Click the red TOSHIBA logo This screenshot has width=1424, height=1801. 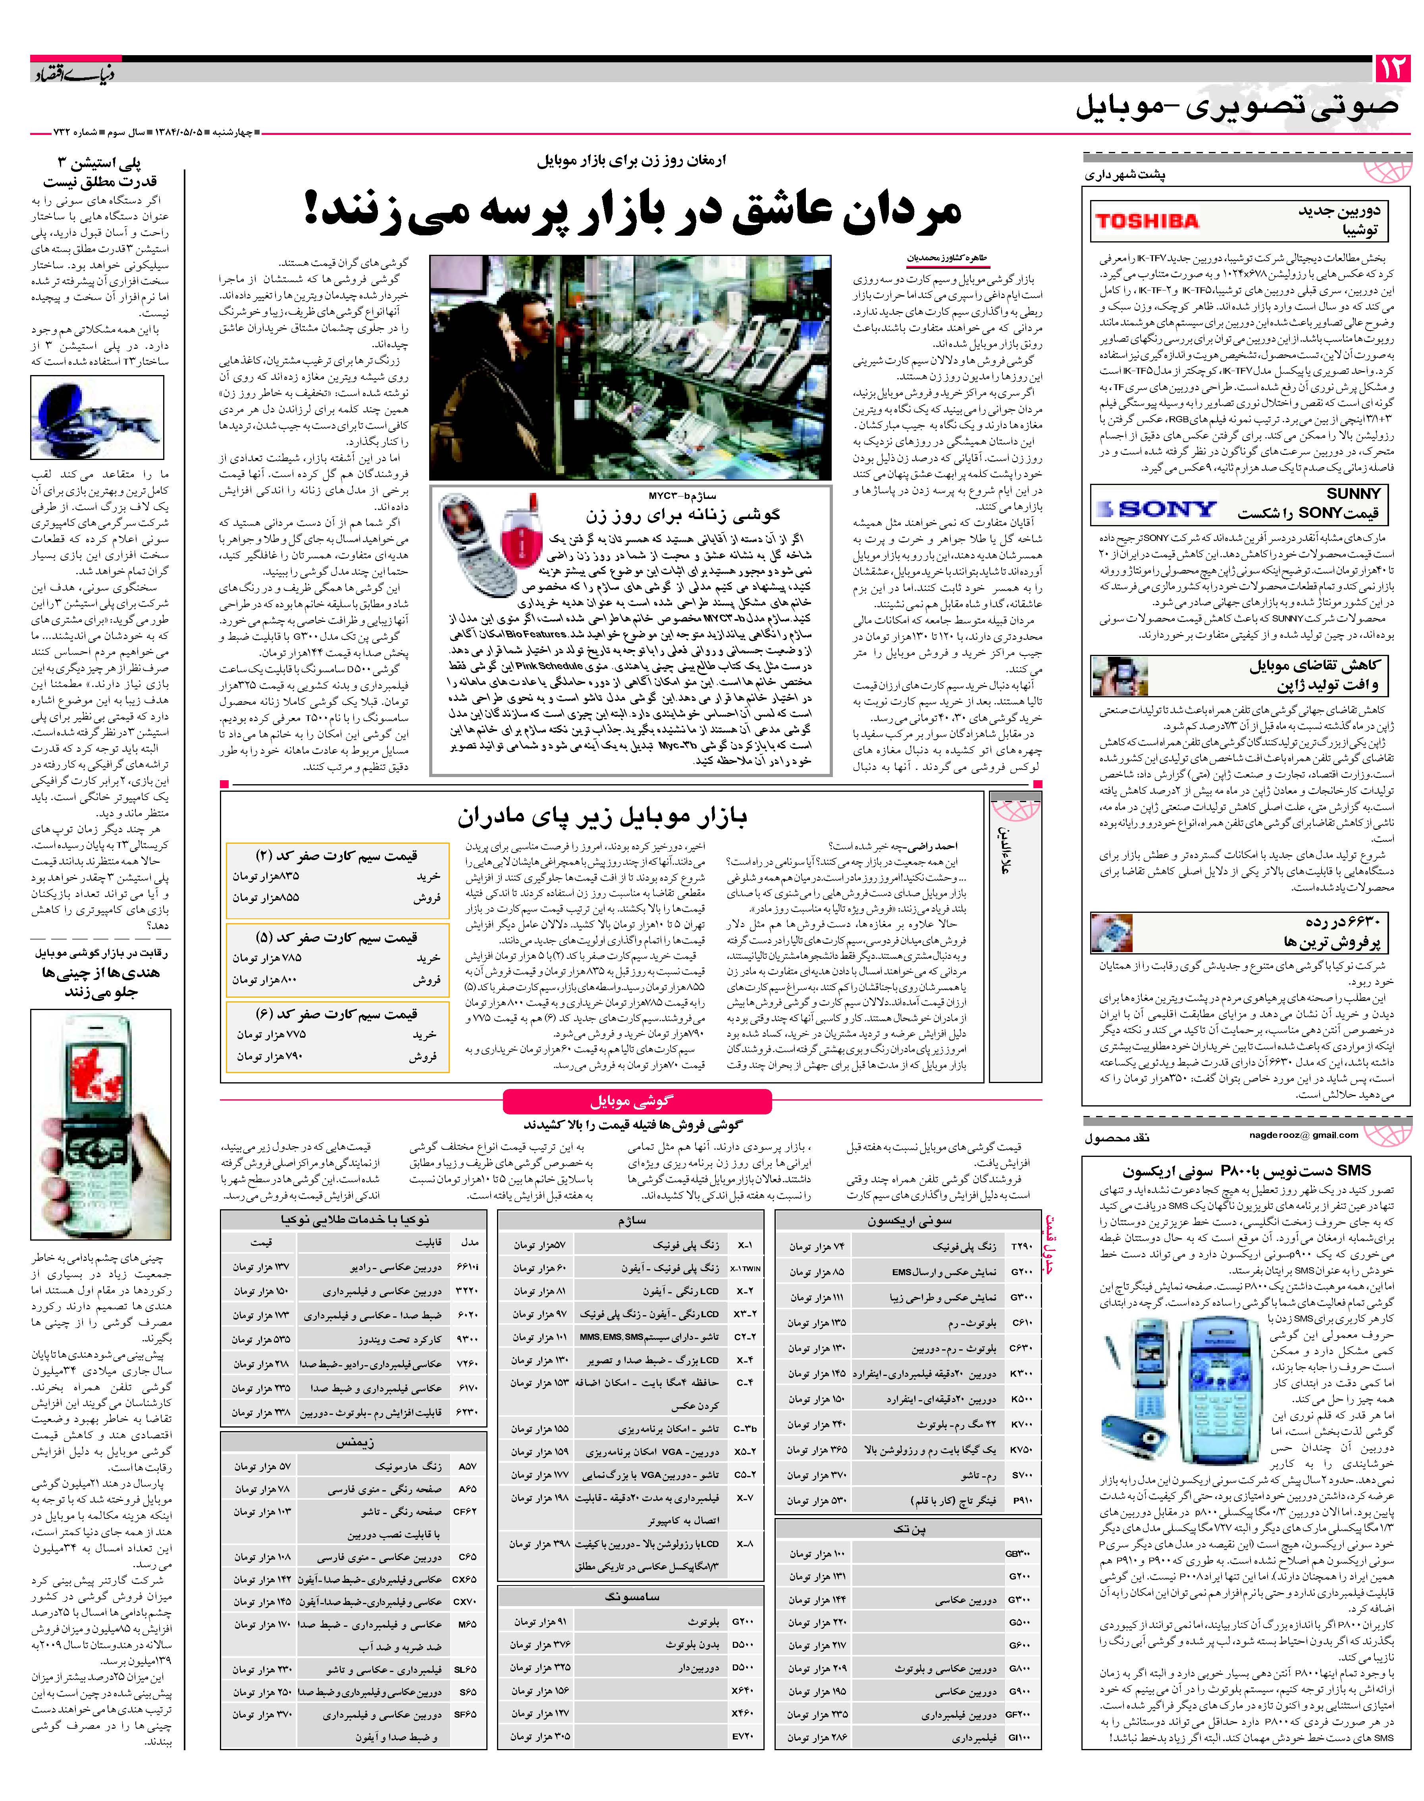click(1147, 221)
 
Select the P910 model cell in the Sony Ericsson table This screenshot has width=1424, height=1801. click(1021, 1501)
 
